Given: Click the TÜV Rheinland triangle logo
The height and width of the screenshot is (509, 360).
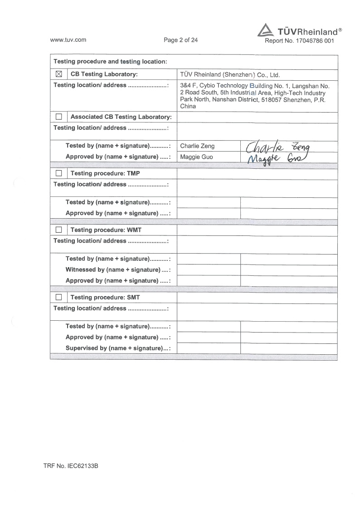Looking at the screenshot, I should click(266, 30).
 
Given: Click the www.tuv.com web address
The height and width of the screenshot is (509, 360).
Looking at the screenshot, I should click(68, 40).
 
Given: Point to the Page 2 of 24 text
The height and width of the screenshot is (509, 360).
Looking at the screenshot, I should click(181, 40).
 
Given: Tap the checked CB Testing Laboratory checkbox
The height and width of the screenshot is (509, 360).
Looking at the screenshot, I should click(58, 74).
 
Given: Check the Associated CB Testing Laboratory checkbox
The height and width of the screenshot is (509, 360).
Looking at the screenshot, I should click(58, 117).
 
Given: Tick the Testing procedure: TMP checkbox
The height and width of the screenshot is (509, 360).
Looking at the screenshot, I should click(58, 173).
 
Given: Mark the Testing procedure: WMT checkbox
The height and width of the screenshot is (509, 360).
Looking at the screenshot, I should click(58, 230).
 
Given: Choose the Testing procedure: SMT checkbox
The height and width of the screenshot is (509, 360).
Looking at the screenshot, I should click(58, 298).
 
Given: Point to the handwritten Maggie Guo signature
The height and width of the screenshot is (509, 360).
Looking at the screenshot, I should click(276, 158).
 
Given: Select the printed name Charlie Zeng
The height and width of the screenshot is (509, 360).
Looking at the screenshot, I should click(197, 146).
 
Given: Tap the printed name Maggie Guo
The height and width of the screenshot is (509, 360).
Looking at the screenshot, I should click(196, 157).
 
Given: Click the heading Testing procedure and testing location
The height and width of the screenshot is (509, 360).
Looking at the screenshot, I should click(111, 62).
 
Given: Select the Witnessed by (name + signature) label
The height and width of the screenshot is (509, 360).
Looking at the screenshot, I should click(118, 270).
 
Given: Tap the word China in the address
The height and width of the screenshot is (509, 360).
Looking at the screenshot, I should click(188, 106).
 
